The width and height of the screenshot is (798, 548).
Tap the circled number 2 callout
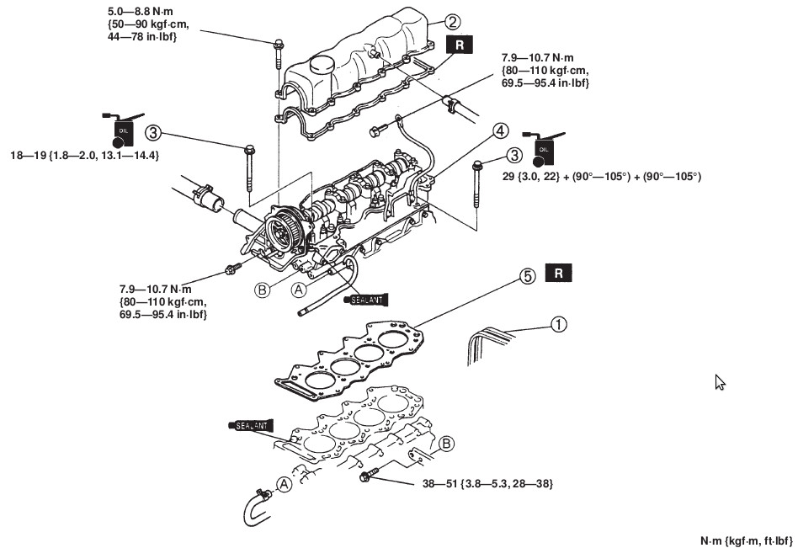(453, 22)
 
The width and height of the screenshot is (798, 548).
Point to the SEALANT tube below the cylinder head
(364, 298)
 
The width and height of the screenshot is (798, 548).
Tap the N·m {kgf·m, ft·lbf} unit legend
(746, 540)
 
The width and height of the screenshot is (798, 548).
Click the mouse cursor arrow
(719, 381)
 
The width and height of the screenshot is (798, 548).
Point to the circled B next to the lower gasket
(447, 444)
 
